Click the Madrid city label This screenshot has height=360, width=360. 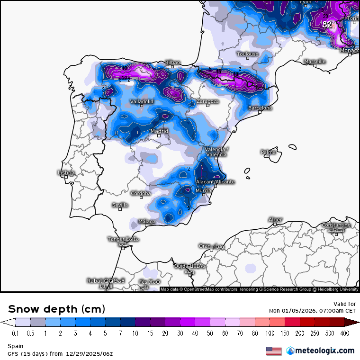159,131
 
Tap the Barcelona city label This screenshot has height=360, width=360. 260,108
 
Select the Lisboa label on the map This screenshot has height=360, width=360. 66,172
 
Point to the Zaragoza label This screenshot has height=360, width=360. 207,101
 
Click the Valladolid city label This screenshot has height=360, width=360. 142,101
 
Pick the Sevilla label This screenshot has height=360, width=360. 120,205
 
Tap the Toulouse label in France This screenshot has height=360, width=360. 248,54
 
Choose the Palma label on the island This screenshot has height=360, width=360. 268,152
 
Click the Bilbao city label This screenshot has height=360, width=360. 172,62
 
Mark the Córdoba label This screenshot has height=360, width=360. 141,193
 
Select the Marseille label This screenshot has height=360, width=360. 315,61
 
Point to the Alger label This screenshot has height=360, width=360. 275,219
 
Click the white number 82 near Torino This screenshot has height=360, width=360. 327,24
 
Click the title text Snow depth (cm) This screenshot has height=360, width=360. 56,309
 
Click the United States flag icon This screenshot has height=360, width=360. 274,351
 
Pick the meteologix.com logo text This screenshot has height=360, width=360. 325,351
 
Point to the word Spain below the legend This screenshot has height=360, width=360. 16,346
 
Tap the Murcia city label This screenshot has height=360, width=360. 203,190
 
